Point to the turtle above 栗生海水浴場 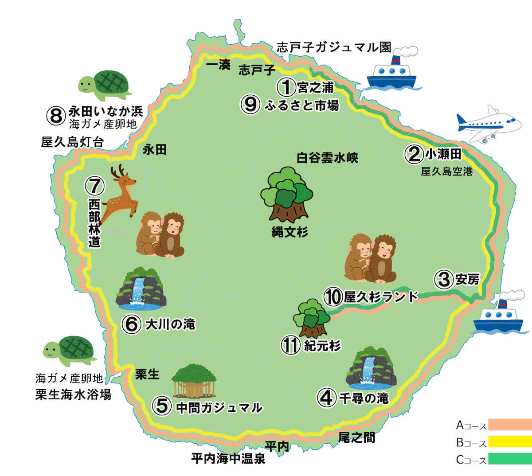pyautogui.click(x=70, y=350)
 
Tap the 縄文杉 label pyautogui.click(x=289, y=231)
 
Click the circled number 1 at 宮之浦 pyautogui.click(x=286, y=86)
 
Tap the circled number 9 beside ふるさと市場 pyautogui.click(x=250, y=105)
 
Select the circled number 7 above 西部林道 pyautogui.click(x=94, y=187)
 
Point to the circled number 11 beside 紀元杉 pyautogui.click(x=291, y=345)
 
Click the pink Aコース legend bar pyautogui.click(x=510, y=425)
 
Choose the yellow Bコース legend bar pyautogui.click(x=510, y=442)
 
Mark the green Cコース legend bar pyautogui.click(x=510, y=459)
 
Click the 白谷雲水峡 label pyautogui.click(x=327, y=157)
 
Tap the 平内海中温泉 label pyautogui.click(x=228, y=459)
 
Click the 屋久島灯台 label pyautogui.click(x=72, y=142)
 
